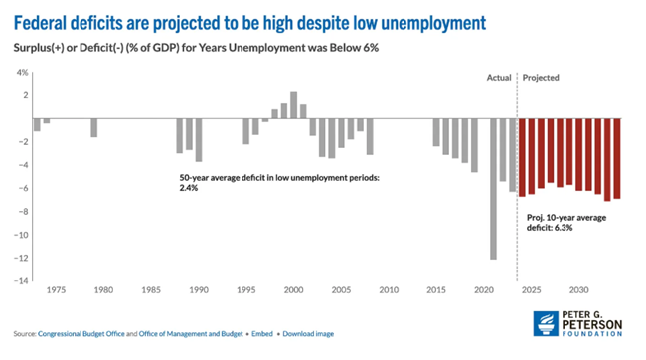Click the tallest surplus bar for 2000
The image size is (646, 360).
[294, 105]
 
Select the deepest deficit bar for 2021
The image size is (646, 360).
[494, 189]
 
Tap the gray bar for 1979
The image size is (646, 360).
[94, 128]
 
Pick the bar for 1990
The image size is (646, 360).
[199, 140]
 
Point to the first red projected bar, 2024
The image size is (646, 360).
[522, 157]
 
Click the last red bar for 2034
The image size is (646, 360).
[617, 159]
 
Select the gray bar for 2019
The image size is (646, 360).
[475, 145]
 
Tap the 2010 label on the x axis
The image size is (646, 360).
[389, 290]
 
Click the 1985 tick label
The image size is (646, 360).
[151, 290]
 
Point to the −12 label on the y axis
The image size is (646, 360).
[21, 258]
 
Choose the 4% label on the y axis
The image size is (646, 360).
[22, 73]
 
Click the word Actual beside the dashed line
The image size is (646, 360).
[499, 78]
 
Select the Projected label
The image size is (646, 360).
[541, 78]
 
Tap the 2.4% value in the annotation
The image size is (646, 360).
[189, 188]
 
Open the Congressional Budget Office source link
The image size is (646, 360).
[81, 334]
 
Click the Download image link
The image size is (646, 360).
[308, 334]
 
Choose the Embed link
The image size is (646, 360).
[262, 334]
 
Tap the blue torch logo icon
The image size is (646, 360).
[546, 324]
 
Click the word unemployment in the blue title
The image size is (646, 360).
[433, 23]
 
